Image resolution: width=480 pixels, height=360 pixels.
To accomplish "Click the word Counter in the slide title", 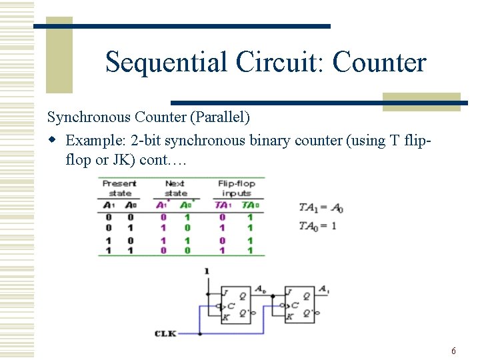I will [x=379, y=63].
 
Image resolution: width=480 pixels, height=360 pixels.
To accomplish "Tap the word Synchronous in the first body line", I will [x=89, y=117].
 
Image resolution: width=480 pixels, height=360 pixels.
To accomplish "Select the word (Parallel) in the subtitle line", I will [x=219, y=117].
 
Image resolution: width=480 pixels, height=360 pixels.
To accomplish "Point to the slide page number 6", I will [x=453, y=351].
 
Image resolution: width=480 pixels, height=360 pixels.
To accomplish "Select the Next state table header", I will [x=175, y=188].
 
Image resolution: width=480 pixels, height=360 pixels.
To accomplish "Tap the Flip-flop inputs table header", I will [x=237, y=188].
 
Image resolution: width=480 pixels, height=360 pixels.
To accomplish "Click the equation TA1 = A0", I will [x=321, y=208].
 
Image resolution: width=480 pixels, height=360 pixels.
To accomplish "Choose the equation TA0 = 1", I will [x=317, y=226].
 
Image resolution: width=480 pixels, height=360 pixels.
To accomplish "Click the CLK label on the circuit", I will [x=165, y=333].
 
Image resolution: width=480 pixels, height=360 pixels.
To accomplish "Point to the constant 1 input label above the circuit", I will [x=207, y=271].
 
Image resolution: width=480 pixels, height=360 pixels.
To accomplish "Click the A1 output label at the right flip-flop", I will [x=323, y=289].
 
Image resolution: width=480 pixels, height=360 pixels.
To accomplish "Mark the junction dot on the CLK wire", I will [x=199, y=333].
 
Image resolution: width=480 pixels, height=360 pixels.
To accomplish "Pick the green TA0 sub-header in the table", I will [x=248, y=205].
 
